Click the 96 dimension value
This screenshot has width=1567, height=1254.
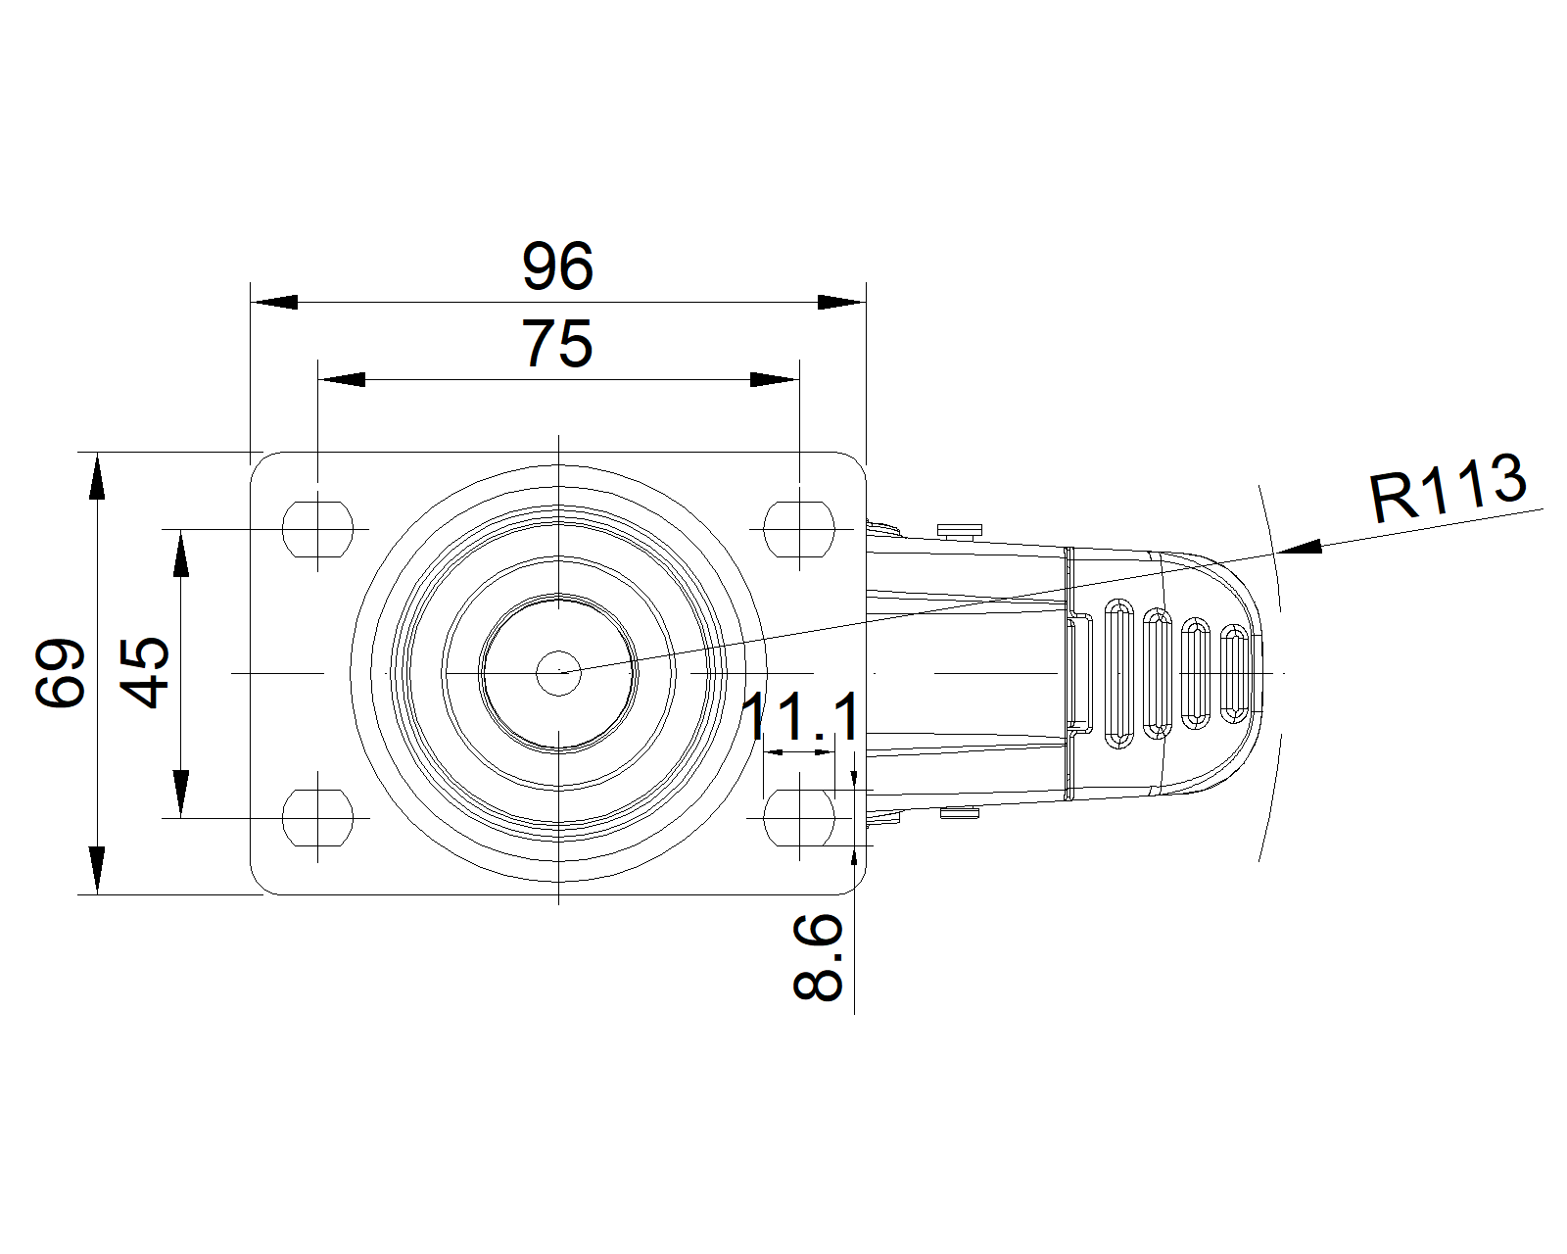[x=557, y=266]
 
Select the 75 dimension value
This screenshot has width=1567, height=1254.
[x=557, y=344]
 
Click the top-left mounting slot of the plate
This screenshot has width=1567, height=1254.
[x=317, y=528]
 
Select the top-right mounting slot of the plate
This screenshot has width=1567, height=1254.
[x=799, y=528]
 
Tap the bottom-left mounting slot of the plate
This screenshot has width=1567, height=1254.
[x=317, y=817]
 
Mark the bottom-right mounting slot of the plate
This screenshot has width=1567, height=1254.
[x=799, y=817]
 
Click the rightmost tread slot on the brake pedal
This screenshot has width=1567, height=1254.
[x=1235, y=674]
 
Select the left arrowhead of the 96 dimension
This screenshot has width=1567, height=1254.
[x=274, y=302]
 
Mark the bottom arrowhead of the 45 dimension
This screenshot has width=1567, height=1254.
[x=180, y=794]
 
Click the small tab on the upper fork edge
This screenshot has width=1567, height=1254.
[x=960, y=530]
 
